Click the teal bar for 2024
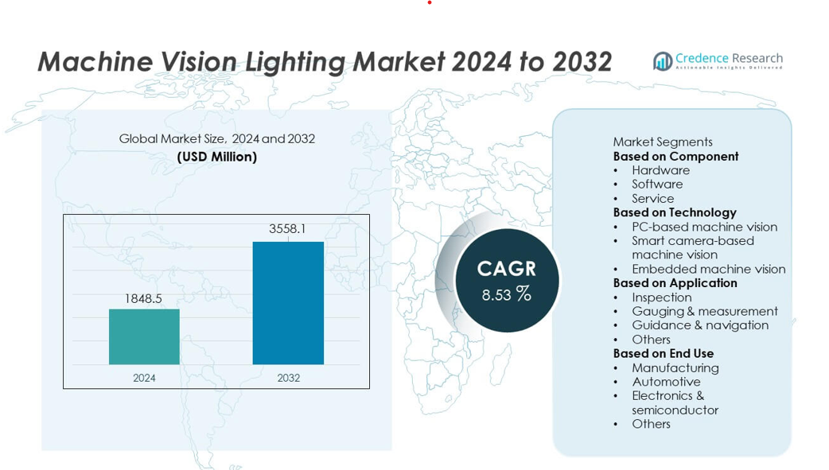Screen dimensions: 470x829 pyautogui.click(x=144, y=336)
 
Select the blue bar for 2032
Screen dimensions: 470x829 pyautogui.click(x=288, y=303)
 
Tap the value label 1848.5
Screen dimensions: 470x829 pyautogui.click(x=143, y=298)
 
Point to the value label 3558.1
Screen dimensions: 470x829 pyautogui.click(x=287, y=229)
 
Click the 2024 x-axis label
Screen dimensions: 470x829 pyautogui.click(x=144, y=378)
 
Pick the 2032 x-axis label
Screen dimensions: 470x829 pyautogui.click(x=288, y=378)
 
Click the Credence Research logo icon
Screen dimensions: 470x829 pyautogui.click(x=662, y=61)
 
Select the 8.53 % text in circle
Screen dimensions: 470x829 pyautogui.click(x=507, y=294)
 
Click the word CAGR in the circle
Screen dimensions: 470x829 pyautogui.click(x=507, y=269)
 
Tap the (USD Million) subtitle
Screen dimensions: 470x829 pyautogui.click(x=216, y=157)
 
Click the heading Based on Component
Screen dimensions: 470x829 pyautogui.click(x=675, y=156)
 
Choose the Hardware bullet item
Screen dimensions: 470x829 pyautogui.click(x=660, y=170)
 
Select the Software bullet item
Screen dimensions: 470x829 pyautogui.click(x=657, y=184)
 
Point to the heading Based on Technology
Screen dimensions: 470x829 pyautogui.click(x=675, y=212)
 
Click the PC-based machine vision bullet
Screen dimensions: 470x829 pyautogui.click(x=704, y=227)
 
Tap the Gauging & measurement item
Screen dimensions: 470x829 pyautogui.click(x=704, y=311)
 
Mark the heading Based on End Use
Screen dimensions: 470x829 pyautogui.click(x=663, y=353)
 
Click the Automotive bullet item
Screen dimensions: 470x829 pyautogui.click(x=666, y=382)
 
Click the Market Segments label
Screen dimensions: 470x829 pyautogui.click(x=662, y=142)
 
